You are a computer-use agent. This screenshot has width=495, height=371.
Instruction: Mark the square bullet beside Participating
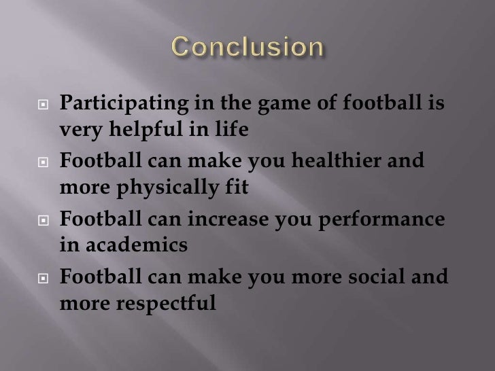coord(43,106)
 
